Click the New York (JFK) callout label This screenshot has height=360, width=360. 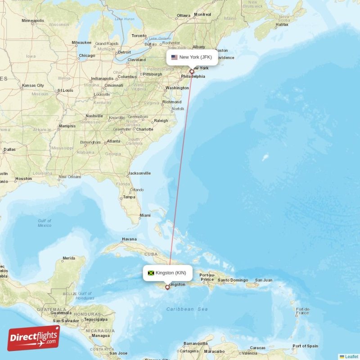tap(192, 57)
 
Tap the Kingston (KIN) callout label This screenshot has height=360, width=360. tap(168, 273)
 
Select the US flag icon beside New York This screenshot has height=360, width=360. tap(174, 57)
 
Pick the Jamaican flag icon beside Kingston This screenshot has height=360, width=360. tap(151, 273)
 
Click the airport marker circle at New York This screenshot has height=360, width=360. tap(192, 72)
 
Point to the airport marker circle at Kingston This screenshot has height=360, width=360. tap(167, 287)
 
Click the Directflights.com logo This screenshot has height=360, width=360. tap(34, 338)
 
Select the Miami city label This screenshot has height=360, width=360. tap(145, 216)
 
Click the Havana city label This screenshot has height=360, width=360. tap(129, 239)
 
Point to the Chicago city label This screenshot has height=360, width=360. tap(87, 56)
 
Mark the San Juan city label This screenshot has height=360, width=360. tap(263, 280)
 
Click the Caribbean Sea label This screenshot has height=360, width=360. tap(187, 309)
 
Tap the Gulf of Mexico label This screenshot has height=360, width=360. tap(45, 223)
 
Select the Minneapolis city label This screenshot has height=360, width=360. tap(33, 21)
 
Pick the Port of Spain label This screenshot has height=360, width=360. tap(305, 346)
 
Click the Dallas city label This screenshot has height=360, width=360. tap(9, 149)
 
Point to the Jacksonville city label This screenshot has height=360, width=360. tap(139, 173)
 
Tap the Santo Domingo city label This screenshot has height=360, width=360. tap(233, 280)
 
